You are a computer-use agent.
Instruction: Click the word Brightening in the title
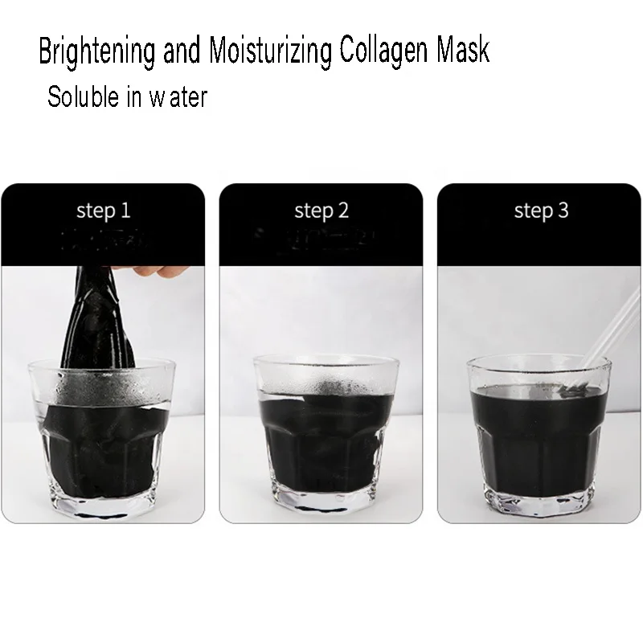[x=97, y=52]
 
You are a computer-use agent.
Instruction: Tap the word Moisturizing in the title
[x=271, y=52]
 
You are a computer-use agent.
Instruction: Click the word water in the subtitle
[x=178, y=98]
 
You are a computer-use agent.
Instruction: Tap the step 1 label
[x=103, y=211]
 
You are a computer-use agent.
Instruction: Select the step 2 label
[x=321, y=211]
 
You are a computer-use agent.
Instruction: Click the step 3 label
[x=541, y=211]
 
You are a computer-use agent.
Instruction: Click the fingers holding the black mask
[x=153, y=270]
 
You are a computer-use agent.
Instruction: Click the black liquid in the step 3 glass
[x=539, y=434]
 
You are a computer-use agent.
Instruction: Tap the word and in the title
[x=182, y=52]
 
